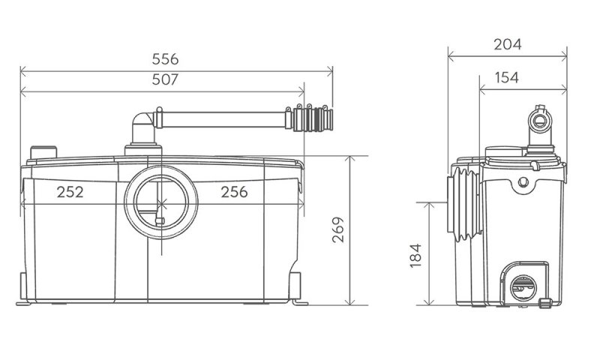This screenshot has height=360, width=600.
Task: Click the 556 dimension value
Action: (165, 59)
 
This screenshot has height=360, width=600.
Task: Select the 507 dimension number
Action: (165, 79)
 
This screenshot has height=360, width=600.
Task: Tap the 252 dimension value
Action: (70, 192)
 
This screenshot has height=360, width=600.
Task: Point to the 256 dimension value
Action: (234, 192)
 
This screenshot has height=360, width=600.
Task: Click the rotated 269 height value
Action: (338, 229)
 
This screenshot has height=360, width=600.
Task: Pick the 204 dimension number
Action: (508, 44)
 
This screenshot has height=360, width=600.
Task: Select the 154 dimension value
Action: (507, 78)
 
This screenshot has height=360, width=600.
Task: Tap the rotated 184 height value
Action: (415, 255)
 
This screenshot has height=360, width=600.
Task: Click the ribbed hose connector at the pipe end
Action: (313, 119)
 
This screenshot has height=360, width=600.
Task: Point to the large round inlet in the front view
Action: (161, 202)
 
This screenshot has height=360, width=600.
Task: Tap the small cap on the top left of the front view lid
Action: (43, 152)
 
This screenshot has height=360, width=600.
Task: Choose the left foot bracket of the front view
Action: (23, 289)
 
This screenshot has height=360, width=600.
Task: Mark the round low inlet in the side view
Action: (523, 288)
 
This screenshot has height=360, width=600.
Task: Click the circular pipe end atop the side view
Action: (539, 121)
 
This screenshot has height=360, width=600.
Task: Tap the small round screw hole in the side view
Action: (523, 181)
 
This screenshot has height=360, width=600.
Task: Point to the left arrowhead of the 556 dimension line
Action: (23, 71)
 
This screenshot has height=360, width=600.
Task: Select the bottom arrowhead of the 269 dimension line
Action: (349, 302)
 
